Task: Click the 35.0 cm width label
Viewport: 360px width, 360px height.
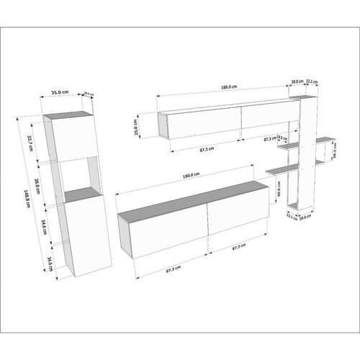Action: tap(60, 92)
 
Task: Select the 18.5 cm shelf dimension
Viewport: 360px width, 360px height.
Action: tap(282, 138)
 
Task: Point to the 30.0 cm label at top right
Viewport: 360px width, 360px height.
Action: tap(296, 81)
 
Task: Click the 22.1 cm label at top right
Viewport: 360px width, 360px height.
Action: tap(312, 81)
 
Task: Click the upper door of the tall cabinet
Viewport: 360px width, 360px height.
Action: tap(74, 138)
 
